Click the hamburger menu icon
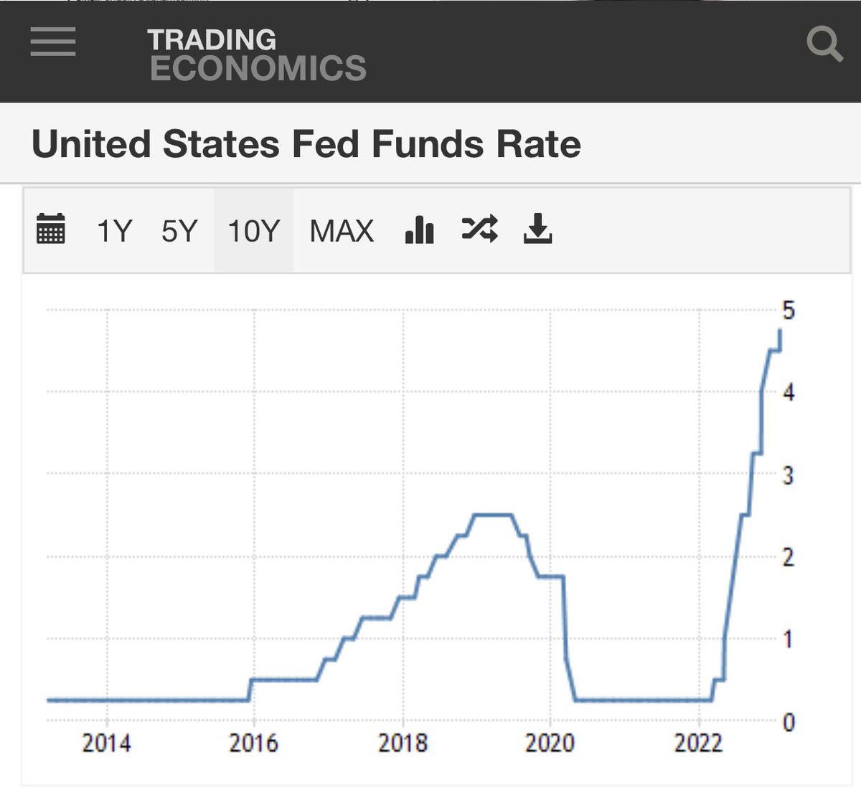[53, 41]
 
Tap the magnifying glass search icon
[824, 44]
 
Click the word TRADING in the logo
[212, 39]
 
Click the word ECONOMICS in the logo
[258, 69]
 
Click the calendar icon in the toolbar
[50, 230]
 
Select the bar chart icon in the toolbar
[420, 230]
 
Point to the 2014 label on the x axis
[107, 743]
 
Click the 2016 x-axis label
[253, 743]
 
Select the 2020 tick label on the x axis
[550, 743]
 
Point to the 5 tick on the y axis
[789, 311]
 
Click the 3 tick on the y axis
[789, 475]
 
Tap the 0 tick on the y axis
[789, 722]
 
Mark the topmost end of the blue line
[780, 330]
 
